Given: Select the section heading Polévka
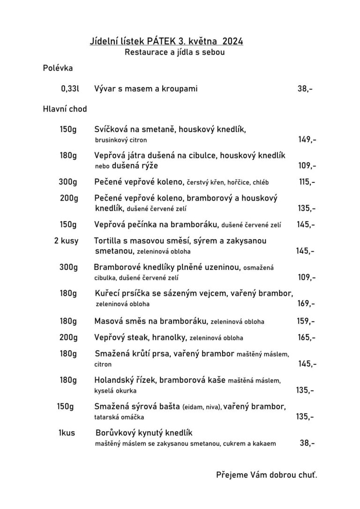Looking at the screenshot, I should coord(58,68).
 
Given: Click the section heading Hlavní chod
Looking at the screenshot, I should coord(65,109).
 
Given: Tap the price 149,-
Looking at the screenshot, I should coord(307,139).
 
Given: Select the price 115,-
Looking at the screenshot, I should coord(307,181).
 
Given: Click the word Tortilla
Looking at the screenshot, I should coord(108,240).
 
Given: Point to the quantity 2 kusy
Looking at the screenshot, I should coord(67,240).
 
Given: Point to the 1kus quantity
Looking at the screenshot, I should coord(67,433).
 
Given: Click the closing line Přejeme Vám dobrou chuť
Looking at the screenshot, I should coord(267,475).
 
